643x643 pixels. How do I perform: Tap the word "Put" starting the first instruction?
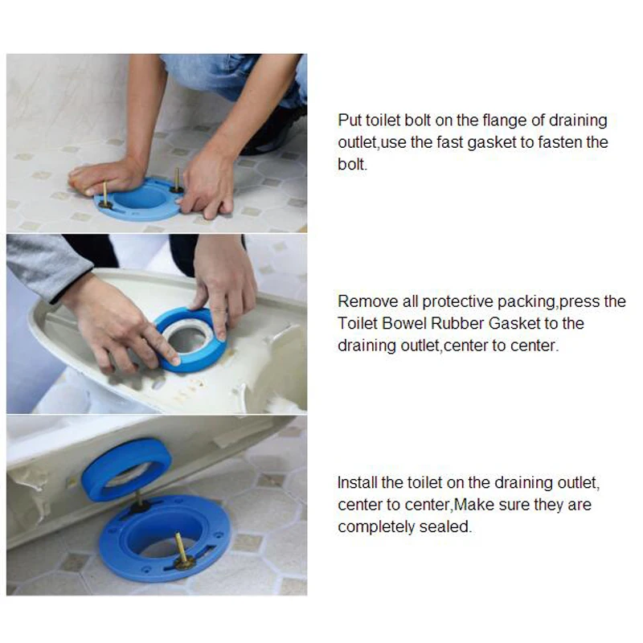350,121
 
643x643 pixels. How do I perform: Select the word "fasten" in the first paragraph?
547,142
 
